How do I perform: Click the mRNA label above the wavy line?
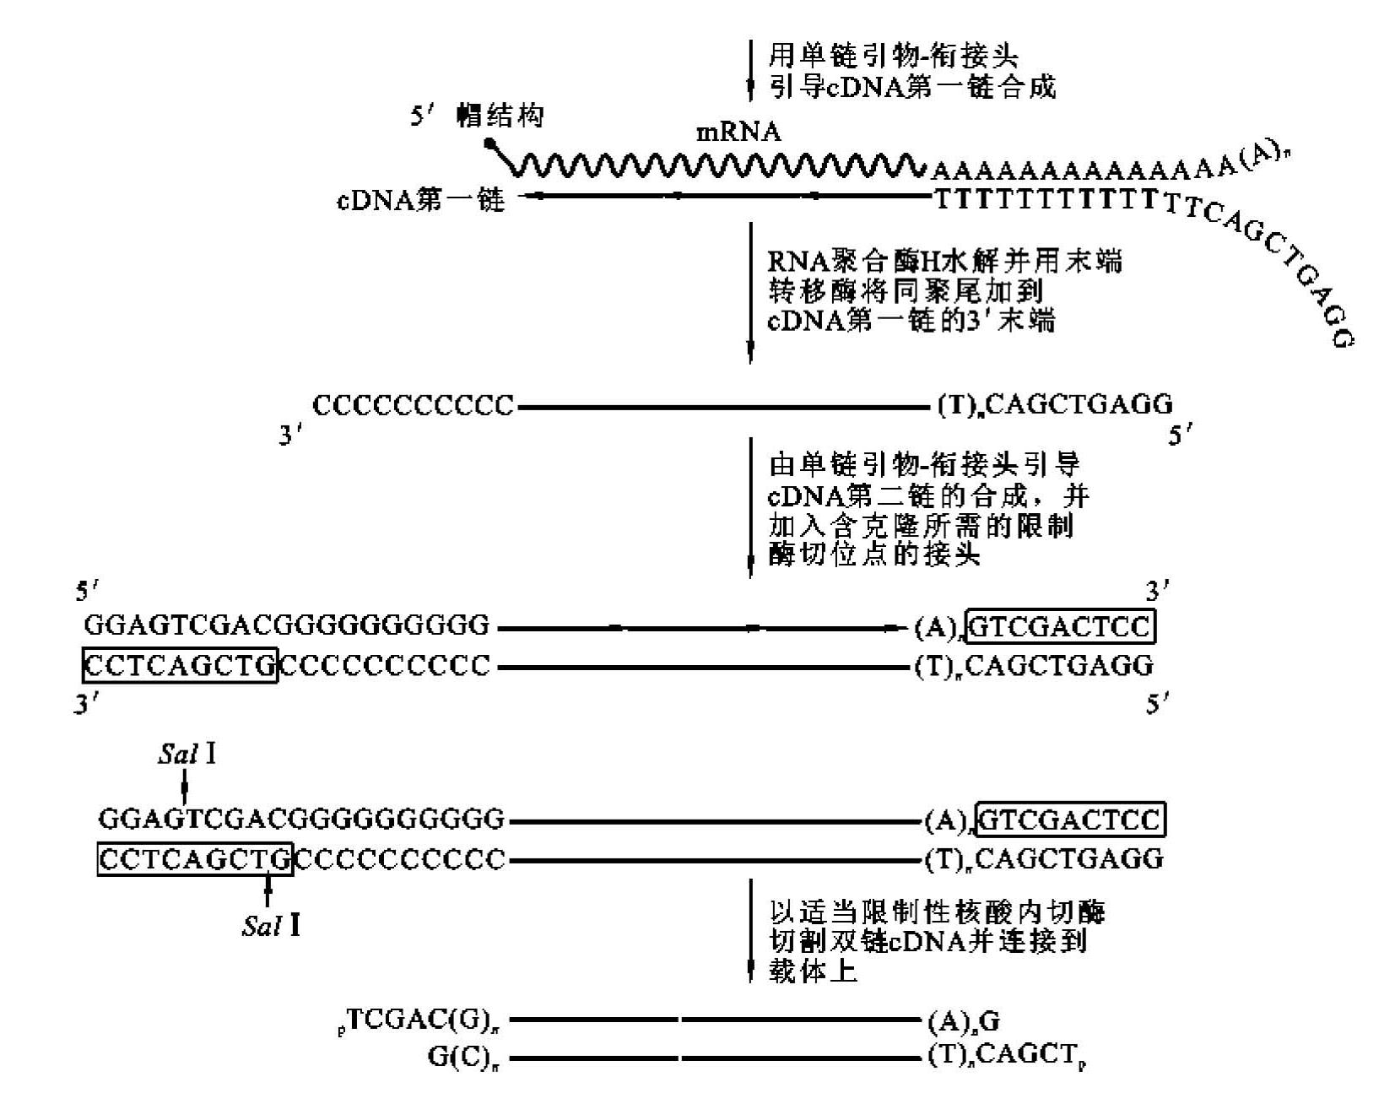[x=738, y=133]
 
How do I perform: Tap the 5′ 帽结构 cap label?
[x=477, y=116]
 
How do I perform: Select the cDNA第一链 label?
[x=420, y=200]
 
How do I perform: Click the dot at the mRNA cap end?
[x=489, y=143]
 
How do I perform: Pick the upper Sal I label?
[x=186, y=754]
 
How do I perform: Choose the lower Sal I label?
[x=270, y=926]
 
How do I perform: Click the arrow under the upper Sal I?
[x=185, y=789]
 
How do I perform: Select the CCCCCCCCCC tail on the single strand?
[x=413, y=406]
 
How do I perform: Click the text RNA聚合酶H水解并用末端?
[x=944, y=261]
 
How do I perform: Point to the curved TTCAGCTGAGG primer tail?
[x=1266, y=262]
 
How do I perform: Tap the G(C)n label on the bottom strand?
[x=460, y=1058]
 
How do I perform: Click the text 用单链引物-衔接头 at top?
[x=893, y=57]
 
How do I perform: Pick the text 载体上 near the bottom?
[x=813, y=971]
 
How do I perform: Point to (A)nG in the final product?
[x=963, y=1022]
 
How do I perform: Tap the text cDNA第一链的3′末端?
[x=911, y=322]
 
